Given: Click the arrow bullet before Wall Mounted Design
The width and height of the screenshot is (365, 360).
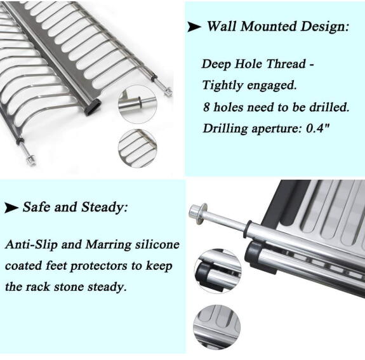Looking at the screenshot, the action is coord(194,27).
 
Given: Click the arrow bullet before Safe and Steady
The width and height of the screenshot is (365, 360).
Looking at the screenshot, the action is coord(11,208).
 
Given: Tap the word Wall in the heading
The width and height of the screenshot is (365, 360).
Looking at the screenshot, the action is coord(222,26).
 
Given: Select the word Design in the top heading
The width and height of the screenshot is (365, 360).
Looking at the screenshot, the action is coord(324,27).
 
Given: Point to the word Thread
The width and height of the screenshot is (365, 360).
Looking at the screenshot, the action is coord(286,63).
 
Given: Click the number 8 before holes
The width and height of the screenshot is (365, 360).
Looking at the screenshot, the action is coord(206,107).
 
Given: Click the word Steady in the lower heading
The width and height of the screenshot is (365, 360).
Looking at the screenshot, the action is coord(104,207).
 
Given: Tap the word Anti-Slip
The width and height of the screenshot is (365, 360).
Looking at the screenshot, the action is coord(31,244).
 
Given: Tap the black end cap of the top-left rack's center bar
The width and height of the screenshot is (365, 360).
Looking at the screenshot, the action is coord(93,107).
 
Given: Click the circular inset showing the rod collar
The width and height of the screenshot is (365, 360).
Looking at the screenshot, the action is coord(137,104).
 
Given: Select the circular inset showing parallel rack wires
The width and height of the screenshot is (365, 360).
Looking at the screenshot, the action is coord(137,149).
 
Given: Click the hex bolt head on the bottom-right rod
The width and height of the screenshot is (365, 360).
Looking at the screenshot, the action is coord(197,214).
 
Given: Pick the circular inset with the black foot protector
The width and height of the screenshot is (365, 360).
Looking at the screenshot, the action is coord(218,272).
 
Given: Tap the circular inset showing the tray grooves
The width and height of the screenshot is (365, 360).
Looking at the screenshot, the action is coord(216,327).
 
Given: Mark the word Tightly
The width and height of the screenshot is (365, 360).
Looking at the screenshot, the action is coord(222,85).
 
